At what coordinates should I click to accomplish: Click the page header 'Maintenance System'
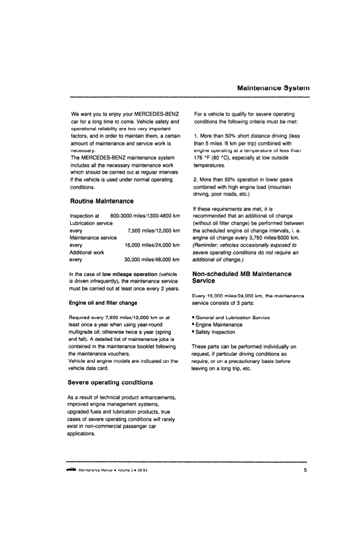tap(273, 88)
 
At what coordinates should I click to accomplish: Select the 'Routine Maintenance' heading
tap(102, 201)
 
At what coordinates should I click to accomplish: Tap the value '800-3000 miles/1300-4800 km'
tap(145, 216)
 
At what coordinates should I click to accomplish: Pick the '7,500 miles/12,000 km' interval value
tap(154, 231)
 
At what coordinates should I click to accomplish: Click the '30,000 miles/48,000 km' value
tap(152, 259)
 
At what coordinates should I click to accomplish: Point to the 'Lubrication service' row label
tap(91, 223)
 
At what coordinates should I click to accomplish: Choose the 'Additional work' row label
tap(87, 252)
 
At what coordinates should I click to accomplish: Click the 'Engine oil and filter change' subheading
tap(103, 303)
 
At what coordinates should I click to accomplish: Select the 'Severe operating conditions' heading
tap(110, 382)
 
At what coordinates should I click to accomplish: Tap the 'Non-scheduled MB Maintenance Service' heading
tap(242, 277)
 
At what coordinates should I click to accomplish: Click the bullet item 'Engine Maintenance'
tap(219, 325)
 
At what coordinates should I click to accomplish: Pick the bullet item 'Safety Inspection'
tap(215, 332)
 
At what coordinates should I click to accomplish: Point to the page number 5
tap(305, 470)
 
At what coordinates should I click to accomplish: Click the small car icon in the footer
tap(71, 470)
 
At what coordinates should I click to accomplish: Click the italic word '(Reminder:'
tap(204, 245)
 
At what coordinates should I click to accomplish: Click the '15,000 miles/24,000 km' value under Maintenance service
tap(152, 245)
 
